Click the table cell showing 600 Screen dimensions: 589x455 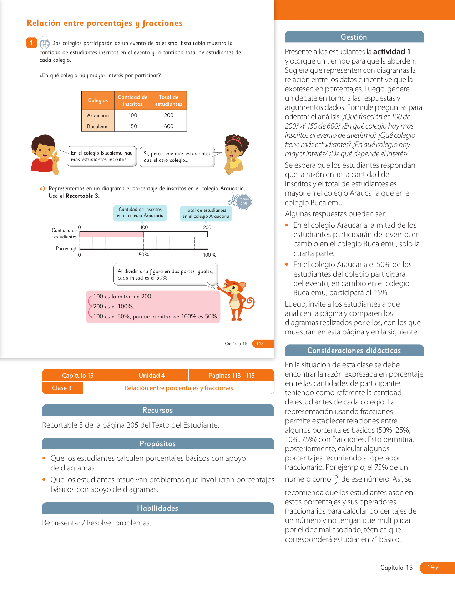coord(168,126)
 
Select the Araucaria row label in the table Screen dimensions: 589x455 coord(98,115)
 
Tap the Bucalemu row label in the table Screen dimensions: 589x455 coord(98,126)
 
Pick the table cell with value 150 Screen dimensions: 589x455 coord(133,126)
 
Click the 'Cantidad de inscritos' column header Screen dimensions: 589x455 coord(132,101)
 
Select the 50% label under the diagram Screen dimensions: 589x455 coord(144,255)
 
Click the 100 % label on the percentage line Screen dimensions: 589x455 coord(209,255)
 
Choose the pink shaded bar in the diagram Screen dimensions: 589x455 coord(111,235)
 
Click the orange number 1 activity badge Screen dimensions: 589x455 coord(31,43)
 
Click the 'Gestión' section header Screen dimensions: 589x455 coord(354,37)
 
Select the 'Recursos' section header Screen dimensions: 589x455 coord(158,410)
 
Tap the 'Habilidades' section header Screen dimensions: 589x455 coord(158,508)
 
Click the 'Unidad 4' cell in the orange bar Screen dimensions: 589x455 coord(152,376)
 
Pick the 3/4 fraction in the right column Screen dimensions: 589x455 coord(336,480)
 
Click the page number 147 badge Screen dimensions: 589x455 coord(433,568)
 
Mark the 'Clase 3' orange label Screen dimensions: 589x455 coord(62,388)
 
